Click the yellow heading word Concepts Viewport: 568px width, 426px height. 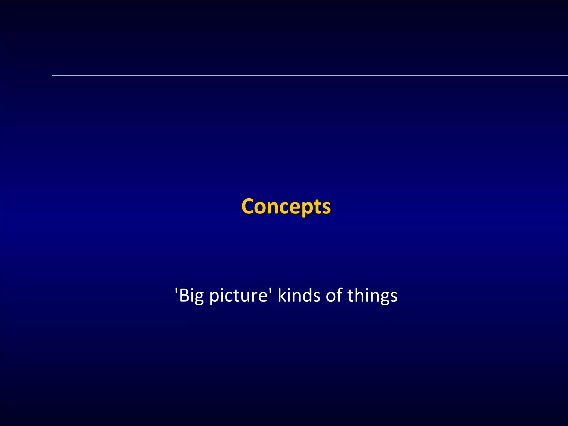click(286, 207)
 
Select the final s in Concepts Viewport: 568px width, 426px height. click(326, 207)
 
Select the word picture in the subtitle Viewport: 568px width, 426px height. click(238, 296)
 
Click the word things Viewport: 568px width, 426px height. click(372, 296)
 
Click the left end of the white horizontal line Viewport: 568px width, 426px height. click(53, 75)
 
